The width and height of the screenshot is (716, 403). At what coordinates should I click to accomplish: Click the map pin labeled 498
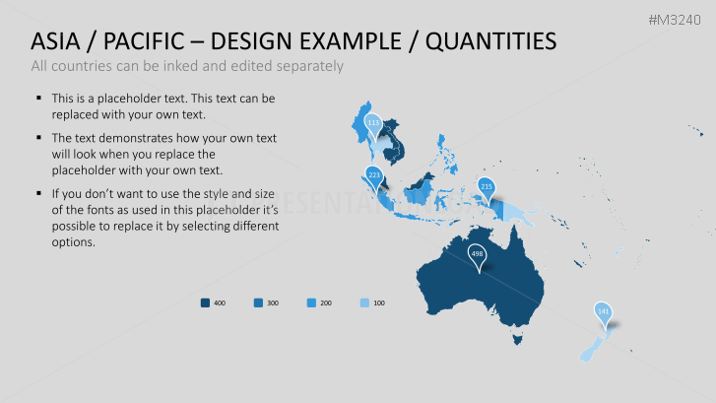click(477, 254)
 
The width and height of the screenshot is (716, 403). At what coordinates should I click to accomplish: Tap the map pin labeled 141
click(603, 311)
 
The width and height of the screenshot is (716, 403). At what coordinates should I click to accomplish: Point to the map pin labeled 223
click(373, 175)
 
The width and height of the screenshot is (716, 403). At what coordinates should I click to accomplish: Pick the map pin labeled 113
click(372, 123)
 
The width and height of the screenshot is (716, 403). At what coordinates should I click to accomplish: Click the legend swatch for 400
click(205, 302)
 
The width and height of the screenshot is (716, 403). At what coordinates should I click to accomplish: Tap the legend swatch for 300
click(258, 302)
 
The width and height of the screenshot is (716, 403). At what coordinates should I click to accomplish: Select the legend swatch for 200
click(311, 302)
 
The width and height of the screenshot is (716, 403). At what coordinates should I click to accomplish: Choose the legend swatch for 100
click(364, 302)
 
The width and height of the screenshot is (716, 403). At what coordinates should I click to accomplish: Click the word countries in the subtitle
click(84, 66)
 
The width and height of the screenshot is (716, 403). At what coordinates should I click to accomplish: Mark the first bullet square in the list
click(38, 99)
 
